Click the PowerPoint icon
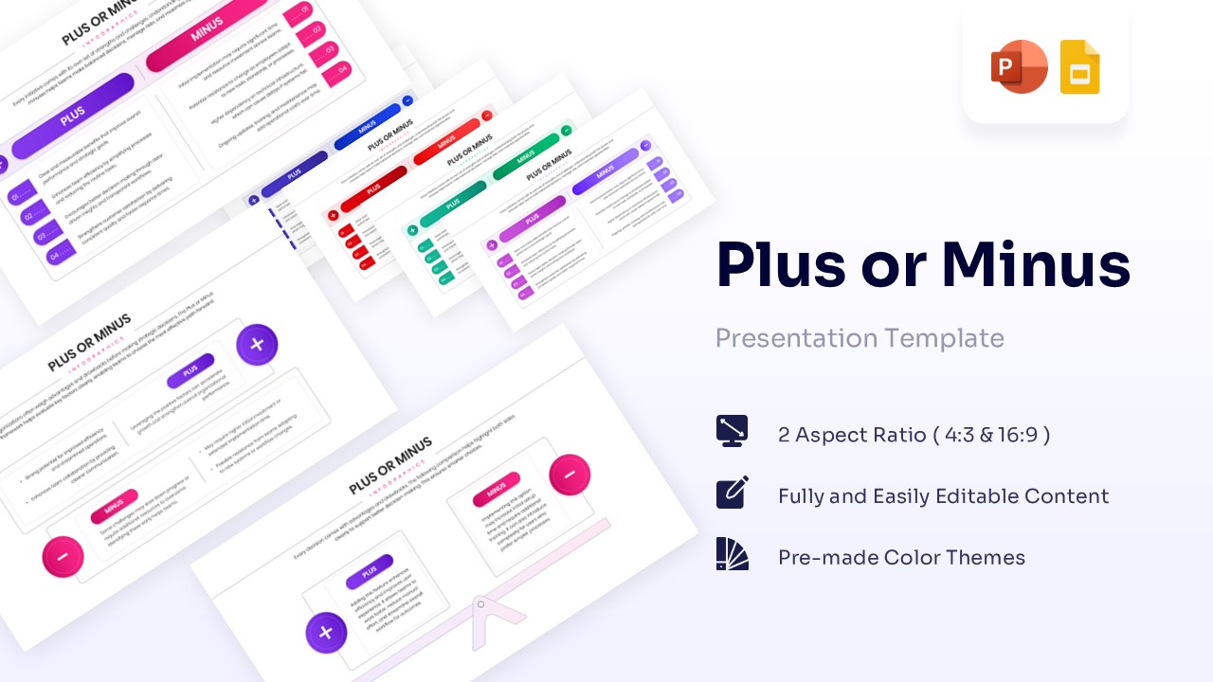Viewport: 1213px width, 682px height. pos(1019,67)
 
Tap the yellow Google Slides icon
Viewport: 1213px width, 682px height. pos(1079,67)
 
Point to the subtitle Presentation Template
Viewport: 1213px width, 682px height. pos(860,338)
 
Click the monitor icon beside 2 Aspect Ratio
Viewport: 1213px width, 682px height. pos(733,431)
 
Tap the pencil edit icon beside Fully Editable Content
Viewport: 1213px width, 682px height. pos(733,493)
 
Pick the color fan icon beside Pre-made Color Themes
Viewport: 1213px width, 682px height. pos(733,554)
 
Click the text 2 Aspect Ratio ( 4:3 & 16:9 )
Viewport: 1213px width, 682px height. pos(914,435)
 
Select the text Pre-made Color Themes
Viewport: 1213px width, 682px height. pos(901,558)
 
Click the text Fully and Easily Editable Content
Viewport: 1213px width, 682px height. pos(943,496)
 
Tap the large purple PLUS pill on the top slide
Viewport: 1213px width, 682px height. pos(73,116)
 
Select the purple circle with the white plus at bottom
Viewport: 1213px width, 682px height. pos(325,633)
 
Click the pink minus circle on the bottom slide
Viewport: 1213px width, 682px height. pos(570,475)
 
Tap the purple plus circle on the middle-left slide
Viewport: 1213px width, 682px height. pos(257,345)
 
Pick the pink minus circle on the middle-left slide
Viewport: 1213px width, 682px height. pos(63,557)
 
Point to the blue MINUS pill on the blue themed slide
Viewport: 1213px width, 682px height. pos(367,127)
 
